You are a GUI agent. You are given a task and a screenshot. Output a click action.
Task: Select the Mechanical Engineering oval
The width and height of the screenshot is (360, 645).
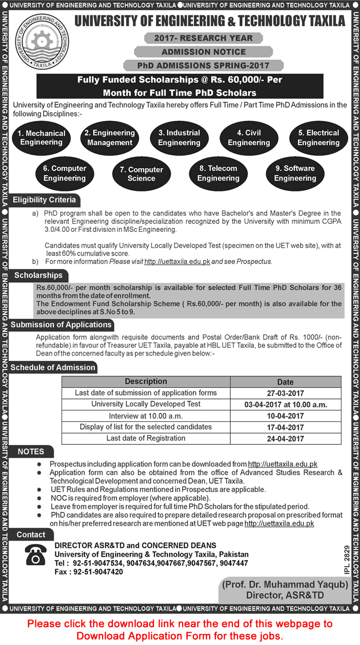[42, 138]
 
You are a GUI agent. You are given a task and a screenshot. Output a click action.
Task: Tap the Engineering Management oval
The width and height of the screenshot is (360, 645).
[110, 138]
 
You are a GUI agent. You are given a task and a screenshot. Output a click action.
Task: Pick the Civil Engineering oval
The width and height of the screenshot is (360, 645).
[249, 138]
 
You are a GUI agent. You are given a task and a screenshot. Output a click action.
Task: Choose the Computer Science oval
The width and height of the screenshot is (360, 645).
[141, 174]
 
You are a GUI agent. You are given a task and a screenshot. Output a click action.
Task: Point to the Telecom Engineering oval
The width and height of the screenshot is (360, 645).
[218, 173]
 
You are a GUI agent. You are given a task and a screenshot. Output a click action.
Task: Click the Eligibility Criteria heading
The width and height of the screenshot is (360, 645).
[44, 200]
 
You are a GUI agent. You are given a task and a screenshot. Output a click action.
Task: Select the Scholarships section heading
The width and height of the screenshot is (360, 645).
[38, 276]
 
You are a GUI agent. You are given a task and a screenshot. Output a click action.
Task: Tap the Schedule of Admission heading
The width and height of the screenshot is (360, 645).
[53, 367]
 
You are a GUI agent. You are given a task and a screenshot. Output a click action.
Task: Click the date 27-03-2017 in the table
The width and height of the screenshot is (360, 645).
[286, 394]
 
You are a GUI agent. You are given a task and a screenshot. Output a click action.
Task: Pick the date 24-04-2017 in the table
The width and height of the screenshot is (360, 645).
[286, 439]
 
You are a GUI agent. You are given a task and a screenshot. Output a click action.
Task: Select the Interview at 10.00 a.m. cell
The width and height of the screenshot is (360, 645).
[146, 416]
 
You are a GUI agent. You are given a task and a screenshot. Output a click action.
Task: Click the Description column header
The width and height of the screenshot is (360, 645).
[146, 382]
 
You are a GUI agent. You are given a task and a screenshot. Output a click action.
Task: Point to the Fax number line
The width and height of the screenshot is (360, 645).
[89, 572]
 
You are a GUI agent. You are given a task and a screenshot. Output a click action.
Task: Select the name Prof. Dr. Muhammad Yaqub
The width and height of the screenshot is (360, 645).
[285, 584]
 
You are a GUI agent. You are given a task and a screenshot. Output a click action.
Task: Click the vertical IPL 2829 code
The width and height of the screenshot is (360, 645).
[347, 560]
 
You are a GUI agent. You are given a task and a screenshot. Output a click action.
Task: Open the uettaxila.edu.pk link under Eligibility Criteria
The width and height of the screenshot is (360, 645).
[177, 261]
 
